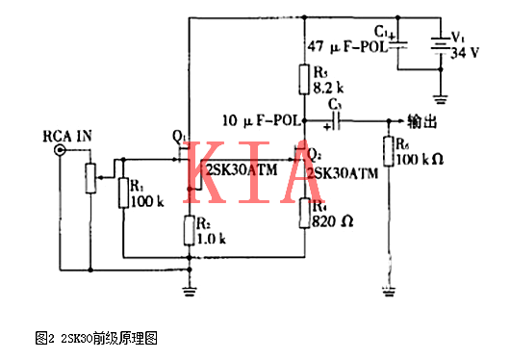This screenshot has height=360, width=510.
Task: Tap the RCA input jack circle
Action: (61, 151)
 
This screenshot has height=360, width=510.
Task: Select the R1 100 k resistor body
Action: (123, 191)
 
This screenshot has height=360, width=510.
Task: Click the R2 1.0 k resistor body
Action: (189, 231)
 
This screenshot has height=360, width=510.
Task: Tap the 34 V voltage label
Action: (467, 52)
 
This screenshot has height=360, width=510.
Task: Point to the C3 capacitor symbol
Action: (339, 120)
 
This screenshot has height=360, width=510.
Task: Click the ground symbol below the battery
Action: (440, 97)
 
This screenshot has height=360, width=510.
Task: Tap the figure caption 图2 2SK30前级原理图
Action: (95, 338)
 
